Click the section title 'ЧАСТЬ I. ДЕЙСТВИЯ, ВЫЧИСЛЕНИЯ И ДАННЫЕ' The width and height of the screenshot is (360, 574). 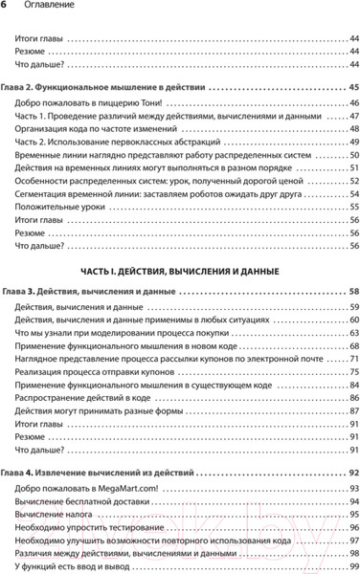(179, 271)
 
